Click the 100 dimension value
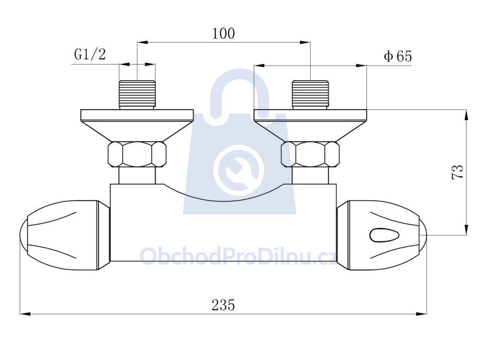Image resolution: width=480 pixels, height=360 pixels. pos(224,34)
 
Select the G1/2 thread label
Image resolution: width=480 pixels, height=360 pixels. pos(90,54)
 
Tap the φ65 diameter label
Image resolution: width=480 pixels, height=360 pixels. pos(398,56)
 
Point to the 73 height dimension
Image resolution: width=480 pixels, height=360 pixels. pos(457,172)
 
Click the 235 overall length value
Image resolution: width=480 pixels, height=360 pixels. pos(223,305)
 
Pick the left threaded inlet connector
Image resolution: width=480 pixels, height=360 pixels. pos(137,95)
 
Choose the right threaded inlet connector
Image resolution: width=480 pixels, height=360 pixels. pos(310,95)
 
